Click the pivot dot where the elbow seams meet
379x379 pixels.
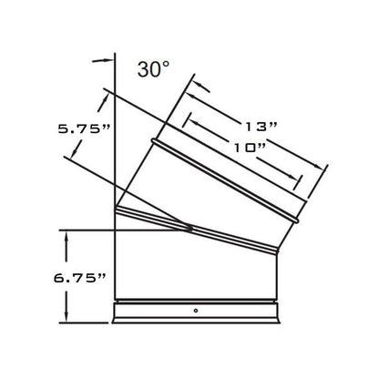(190, 230)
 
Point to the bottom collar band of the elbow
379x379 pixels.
(197, 312)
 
